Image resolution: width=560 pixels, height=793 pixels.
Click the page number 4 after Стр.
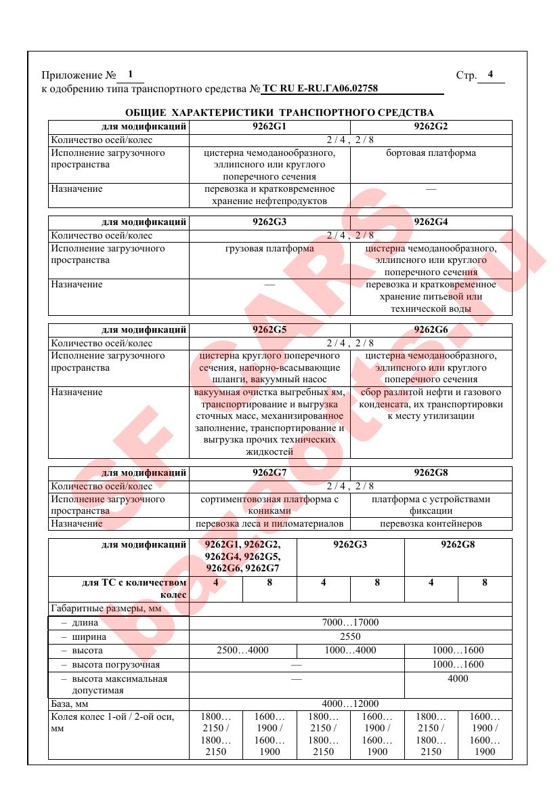coord(490,75)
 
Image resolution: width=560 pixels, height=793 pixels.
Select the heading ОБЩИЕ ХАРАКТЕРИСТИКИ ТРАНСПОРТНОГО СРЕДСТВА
coord(280,113)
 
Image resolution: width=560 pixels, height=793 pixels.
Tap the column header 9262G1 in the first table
coord(270,127)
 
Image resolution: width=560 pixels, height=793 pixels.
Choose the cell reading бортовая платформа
coord(431,153)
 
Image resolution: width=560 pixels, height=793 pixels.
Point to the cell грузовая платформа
coord(270,249)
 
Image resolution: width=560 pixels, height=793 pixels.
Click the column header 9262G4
coord(431,222)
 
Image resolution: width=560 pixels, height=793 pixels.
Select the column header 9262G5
coord(270,330)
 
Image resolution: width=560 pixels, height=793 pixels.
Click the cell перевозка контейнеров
coord(431,524)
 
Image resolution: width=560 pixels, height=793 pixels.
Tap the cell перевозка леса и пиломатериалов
coord(270,524)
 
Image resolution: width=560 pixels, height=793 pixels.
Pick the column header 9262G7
coord(270,473)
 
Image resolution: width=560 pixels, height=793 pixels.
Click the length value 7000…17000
coord(350,623)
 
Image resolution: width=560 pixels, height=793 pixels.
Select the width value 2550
coord(350,637)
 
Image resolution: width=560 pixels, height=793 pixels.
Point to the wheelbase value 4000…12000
coord(350,704)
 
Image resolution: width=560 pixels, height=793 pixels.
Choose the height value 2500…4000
coord(242,651)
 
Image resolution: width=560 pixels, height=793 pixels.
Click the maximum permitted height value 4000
coord(458,679)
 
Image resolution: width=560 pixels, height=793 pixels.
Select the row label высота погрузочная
coord(116,665)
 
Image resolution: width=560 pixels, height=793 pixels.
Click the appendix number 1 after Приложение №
coord(130,74)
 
